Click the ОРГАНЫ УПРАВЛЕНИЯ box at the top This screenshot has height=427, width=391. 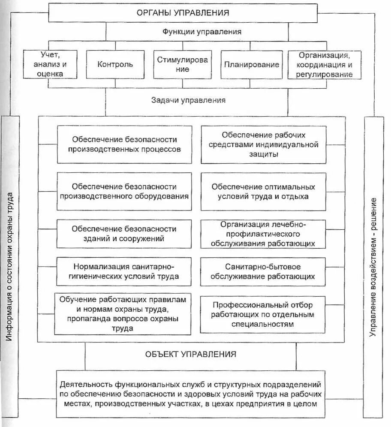click(x=183, y=12)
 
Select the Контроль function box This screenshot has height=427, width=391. click(x=115, y=65)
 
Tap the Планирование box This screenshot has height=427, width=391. click(x=251, y=65)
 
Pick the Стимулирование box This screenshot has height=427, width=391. click(x=182, y=65)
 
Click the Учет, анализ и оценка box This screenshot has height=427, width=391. click(x=50, y=64)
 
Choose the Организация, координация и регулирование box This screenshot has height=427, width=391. click(x=324, y=65)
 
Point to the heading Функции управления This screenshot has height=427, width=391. click(x=202, y=32)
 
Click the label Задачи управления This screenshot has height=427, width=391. click(x=188, y=100)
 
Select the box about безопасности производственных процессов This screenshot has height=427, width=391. click(x=124, y=144)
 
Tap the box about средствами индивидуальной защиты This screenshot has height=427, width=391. click(x=263, y=144)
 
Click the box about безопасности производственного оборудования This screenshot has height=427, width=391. click(x=124, y=192)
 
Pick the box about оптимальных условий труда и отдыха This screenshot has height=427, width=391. click(x=263, y=192)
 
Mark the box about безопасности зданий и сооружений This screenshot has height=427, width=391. click(x=124, y=234)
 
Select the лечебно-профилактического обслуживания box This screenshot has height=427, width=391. click(x=263, y=234)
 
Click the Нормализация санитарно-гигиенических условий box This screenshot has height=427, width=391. click(x=124, y=271)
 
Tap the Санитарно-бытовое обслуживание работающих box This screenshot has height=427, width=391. click(x=263, y=271)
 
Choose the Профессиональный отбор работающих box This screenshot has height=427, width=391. click(x=263, y=314)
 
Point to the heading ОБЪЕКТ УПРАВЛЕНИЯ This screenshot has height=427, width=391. click(x=190, y=354)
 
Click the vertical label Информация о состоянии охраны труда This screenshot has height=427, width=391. click(x=10, y=266)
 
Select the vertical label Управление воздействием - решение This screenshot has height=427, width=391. click(x=373, y=266)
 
